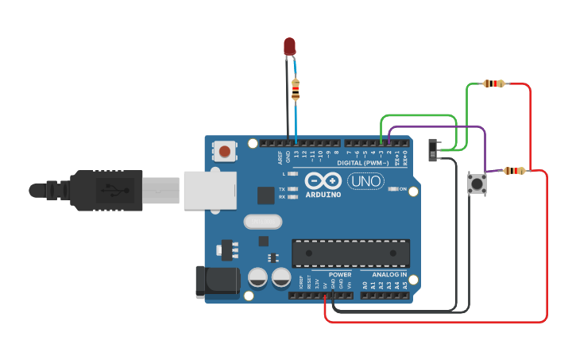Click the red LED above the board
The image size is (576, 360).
tap(290, 46)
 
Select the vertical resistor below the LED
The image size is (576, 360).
tap(296, 89)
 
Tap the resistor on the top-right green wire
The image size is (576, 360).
tap(494, 83)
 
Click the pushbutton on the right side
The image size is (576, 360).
tap(477, 185)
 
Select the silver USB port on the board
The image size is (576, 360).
tap(210, 190)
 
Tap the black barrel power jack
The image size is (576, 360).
tap(217, 283)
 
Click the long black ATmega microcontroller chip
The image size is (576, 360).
tap(350, 254)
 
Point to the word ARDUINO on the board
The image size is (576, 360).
tap(323, 195)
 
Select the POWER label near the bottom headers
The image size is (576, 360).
tap(340, 275)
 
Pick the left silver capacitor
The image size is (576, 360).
tap(258, 277)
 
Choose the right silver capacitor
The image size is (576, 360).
tap(281, 277)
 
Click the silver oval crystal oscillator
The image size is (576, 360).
tap(263, 222)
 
